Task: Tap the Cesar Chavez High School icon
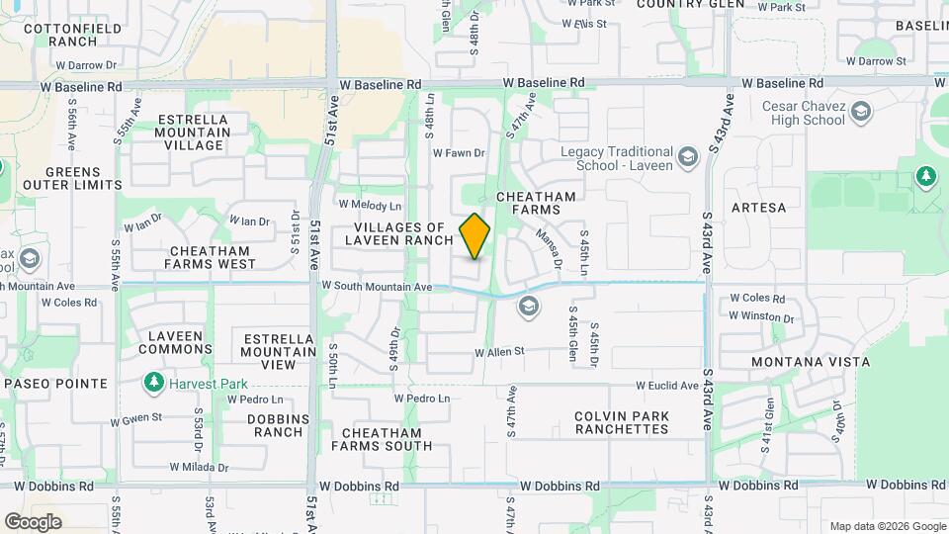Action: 861,112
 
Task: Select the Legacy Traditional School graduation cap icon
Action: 687,157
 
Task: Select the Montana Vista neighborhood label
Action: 801,362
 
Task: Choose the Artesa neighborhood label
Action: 758,208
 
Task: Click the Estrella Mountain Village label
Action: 194,133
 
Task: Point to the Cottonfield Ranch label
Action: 59,35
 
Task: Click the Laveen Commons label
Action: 176,342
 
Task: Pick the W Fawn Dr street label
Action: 459,153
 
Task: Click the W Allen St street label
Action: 499,352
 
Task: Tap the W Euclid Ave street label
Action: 667,386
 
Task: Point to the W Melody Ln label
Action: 370,205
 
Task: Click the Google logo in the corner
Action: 33,521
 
